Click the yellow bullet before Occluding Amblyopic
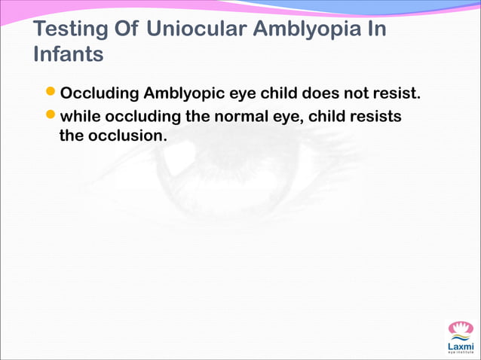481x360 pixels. click(x=51, y=94)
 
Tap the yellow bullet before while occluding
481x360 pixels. click(x=51, y=116)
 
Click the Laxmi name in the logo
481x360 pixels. click(x=461, y=346)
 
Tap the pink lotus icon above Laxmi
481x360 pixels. click(x=461, y=329)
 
